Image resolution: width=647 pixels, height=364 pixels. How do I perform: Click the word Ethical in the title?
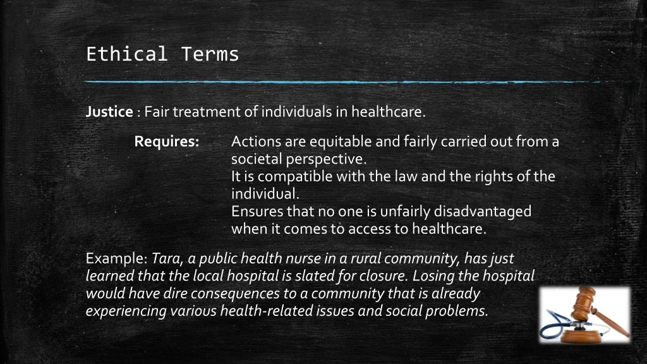click(x=126, y=54)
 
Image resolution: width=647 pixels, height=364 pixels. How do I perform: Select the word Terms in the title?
click(x=210, y=54)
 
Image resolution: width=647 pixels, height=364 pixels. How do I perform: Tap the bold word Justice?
click(x=109, y=112)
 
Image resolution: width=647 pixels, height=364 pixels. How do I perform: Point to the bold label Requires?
click(x=167, y=142)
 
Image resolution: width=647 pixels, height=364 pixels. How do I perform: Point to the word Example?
click(x=117, y=258)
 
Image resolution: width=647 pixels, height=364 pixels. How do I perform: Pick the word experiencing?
click(x=126, y=311)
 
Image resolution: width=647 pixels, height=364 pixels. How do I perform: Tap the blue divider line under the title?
click(x=359, y=82)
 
